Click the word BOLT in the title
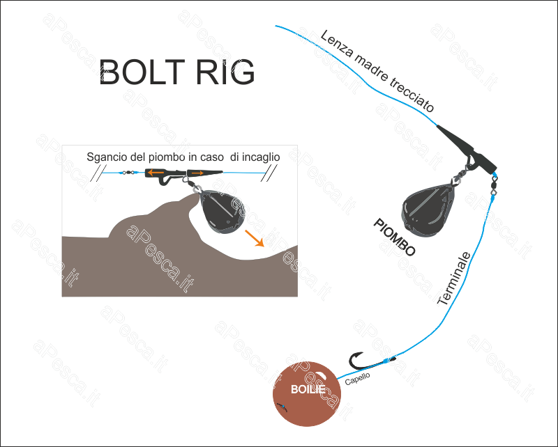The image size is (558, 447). (142, 72)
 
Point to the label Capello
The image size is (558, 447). (357, 378)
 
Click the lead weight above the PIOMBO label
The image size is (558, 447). (426, 205)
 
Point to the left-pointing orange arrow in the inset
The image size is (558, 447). (155, 172)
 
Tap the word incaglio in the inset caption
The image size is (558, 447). (259, 157)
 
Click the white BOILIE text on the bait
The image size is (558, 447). (308, 388)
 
